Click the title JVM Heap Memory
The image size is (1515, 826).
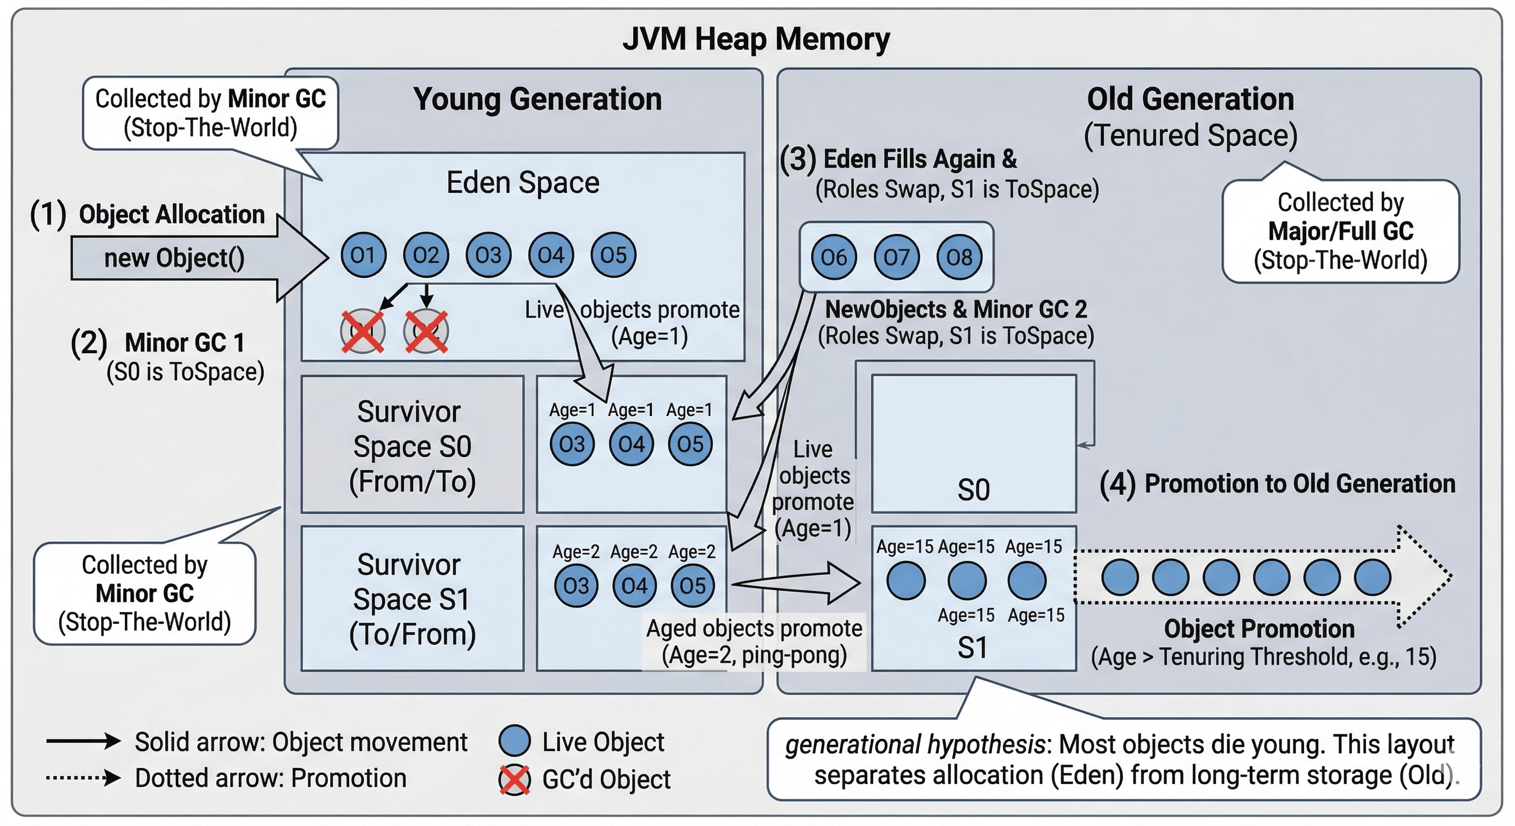[756, 39]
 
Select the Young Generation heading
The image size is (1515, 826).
[537, 99]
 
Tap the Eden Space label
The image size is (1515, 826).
[522, 182]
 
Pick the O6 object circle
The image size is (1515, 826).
[833, 257]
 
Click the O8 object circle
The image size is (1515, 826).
[959, 257]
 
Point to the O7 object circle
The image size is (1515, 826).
[896, 257]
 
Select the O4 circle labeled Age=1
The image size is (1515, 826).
[631, 444]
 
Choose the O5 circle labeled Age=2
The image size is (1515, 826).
[692, 586]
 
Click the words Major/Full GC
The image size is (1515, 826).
[1340, 231]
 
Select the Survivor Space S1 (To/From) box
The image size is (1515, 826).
[412, 599]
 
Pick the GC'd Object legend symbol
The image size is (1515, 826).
[514, 780]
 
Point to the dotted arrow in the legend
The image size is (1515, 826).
[83, 778]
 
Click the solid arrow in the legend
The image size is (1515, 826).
[83, 740]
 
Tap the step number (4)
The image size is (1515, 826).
[1117, 485]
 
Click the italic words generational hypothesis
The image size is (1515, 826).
[915, 745]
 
